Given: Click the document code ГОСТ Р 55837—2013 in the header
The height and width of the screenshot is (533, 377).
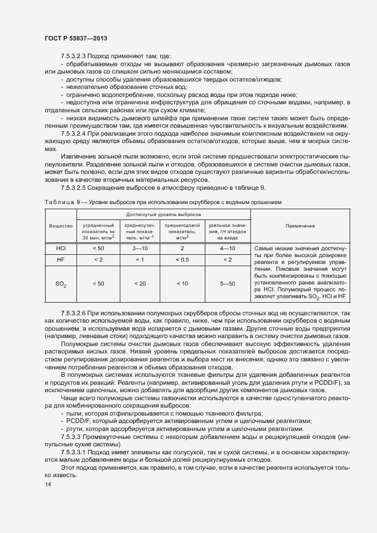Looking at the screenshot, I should [x=75, y=38].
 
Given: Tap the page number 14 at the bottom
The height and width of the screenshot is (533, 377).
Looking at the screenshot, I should [x=47, y=485].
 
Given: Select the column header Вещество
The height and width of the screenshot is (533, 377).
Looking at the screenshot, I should [x=60, y=226].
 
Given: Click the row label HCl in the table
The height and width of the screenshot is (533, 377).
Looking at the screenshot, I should [x=60, y=249].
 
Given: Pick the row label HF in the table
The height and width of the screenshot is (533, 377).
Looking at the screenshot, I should [x=60, y=260].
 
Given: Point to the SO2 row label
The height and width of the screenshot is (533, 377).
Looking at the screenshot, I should [x=60, y=284].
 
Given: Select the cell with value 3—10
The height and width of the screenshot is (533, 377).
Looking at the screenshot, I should [x=140, y=249].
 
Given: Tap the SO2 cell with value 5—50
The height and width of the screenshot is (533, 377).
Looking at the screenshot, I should [x=227, y=283].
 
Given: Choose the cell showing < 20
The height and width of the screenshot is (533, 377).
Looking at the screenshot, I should [x=140, y=283].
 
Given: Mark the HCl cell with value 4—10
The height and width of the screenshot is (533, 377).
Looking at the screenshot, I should [x=227, y=249].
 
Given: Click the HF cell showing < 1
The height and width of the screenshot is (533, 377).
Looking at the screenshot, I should [x=140, y=260].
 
